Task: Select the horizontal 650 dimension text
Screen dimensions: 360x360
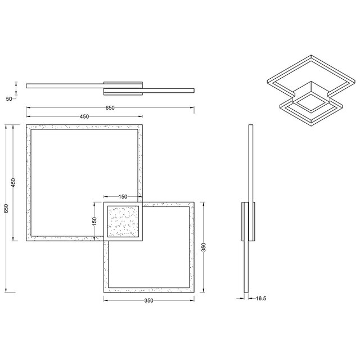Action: [110, 108]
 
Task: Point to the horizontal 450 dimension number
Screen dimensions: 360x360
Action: [84, 116]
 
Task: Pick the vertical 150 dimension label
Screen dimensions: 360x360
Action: [95, 221]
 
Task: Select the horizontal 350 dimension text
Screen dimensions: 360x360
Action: [148, 301]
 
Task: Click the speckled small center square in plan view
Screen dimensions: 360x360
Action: [123, 222]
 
